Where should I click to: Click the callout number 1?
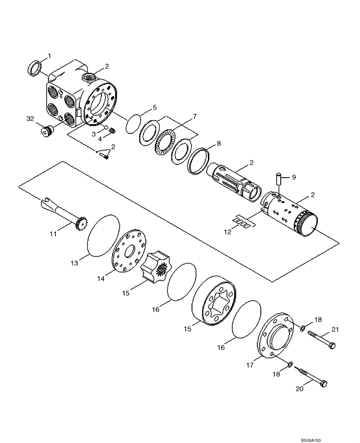[x=49, y=56]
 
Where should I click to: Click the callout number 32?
[x=30, y=119]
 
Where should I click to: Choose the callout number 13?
[x=74, y=263]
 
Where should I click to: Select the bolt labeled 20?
[x=312, y=378]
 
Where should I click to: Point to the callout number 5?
[x=154, y=107]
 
